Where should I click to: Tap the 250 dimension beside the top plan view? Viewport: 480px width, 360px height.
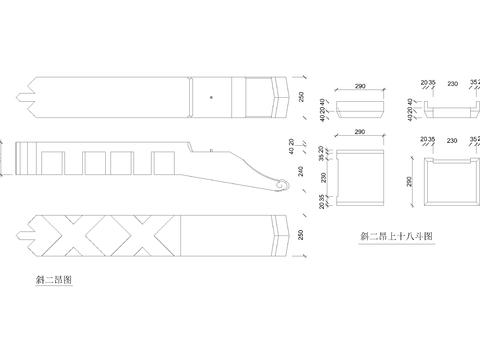[x=301, y=96]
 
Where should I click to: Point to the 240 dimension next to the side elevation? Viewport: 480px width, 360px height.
[x=301, y=170]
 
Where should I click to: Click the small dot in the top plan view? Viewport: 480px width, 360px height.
[x=212, y=96]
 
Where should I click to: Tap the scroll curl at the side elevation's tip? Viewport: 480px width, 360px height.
[x=281, y=186]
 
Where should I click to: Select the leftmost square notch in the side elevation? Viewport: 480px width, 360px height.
[x=53, y=161]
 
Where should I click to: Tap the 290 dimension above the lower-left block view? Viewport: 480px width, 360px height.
[x=360, y=131]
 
